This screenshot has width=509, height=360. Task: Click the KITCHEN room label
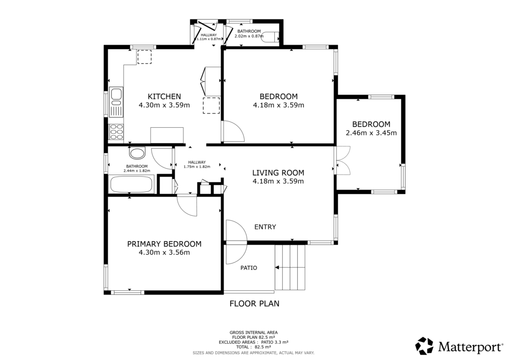[x=164, y=96]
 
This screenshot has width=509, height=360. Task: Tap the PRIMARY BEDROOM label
[x=164, y=244]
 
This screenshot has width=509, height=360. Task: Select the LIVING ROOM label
[x=278, y=173]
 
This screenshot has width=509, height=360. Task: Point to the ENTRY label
[x=265, y=227]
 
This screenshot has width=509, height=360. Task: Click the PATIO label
[x=249, y=268]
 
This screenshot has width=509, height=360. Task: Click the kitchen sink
[x=116, y=102]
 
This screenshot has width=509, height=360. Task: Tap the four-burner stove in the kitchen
[x=116, y=132]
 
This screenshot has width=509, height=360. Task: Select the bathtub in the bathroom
[x=131, y=184]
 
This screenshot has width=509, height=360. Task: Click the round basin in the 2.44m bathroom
[x=138, y=153]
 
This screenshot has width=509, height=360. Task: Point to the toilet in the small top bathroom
[x=270, y=37]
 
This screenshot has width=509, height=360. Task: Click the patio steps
[x=290, y=268]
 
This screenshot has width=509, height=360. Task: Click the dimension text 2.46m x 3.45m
[x=371, y=133]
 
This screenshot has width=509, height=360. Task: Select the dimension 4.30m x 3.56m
[x=164, y=253]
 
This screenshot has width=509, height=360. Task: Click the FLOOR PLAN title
[x=254, y=303]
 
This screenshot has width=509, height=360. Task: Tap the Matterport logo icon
[x=424, y=346]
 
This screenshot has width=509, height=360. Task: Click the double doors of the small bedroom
[x=343, y=161]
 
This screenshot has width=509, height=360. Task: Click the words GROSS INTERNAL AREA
[x=254, y=333]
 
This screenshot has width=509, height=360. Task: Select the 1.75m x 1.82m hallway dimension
[x=197, y=167]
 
